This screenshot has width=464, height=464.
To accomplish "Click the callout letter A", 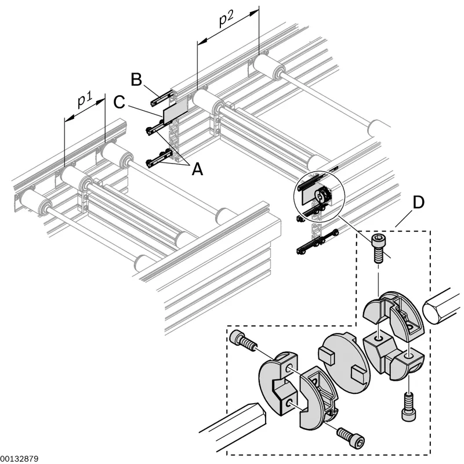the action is [x=197, y=169].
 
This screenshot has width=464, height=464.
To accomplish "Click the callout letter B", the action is [x=136, y=79].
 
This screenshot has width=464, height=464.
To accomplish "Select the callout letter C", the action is [x=119, y=103].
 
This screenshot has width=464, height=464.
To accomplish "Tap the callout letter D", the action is [x=418, y=202].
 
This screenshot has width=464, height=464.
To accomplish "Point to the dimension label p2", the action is [x=226, y=19].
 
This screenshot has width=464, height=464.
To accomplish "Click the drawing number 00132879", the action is [x=19, y=459].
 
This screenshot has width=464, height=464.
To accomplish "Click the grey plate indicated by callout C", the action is [x=175, y=111].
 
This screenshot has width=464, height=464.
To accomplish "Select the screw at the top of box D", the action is [x=379, y=248].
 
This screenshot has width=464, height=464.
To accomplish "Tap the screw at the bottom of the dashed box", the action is [x=351, y=436].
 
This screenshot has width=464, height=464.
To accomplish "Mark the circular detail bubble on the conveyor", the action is [x=319, y=195].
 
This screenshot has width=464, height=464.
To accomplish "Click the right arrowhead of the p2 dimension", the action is [x=255, y=13].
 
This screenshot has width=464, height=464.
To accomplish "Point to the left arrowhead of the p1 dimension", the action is [x=68, y=119].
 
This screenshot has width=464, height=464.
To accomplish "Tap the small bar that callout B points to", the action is [x=162, y=97].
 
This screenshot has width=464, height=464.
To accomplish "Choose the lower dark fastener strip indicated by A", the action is [x=159, y=158].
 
